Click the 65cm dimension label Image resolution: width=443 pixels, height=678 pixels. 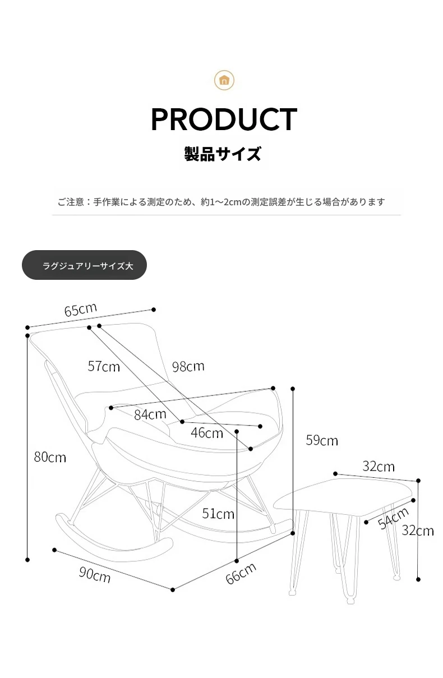click(81, 310)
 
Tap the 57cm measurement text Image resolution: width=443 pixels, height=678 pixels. click(104, 366)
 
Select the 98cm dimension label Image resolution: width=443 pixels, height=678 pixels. click(188, 366)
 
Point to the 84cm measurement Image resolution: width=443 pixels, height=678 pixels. click(150, 414)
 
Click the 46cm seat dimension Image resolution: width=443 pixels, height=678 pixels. click(207, 433)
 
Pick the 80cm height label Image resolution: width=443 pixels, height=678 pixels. click(50, 457)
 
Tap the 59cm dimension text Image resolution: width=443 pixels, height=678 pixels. click(322, 440)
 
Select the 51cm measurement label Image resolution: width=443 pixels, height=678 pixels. click(218, 514)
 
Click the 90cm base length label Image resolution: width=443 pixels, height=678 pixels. click(95, 574)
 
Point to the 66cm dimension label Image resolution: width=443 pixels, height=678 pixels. click(241, 573)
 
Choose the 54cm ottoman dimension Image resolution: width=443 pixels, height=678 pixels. click(394, 519)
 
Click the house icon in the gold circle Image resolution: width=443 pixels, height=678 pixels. click(224, 80)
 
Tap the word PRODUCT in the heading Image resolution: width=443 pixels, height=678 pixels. click(224, 119)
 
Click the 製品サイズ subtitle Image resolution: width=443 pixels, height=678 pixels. click(223, 154)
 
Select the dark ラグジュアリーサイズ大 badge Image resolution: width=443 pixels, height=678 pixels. click(84, 265)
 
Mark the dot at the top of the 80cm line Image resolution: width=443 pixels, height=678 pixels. click(27, 335)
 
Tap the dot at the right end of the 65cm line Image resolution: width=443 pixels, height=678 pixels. click(154, 310)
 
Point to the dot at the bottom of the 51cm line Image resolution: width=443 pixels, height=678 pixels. click(237, 561)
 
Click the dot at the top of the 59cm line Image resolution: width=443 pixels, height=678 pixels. click(293, 389)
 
